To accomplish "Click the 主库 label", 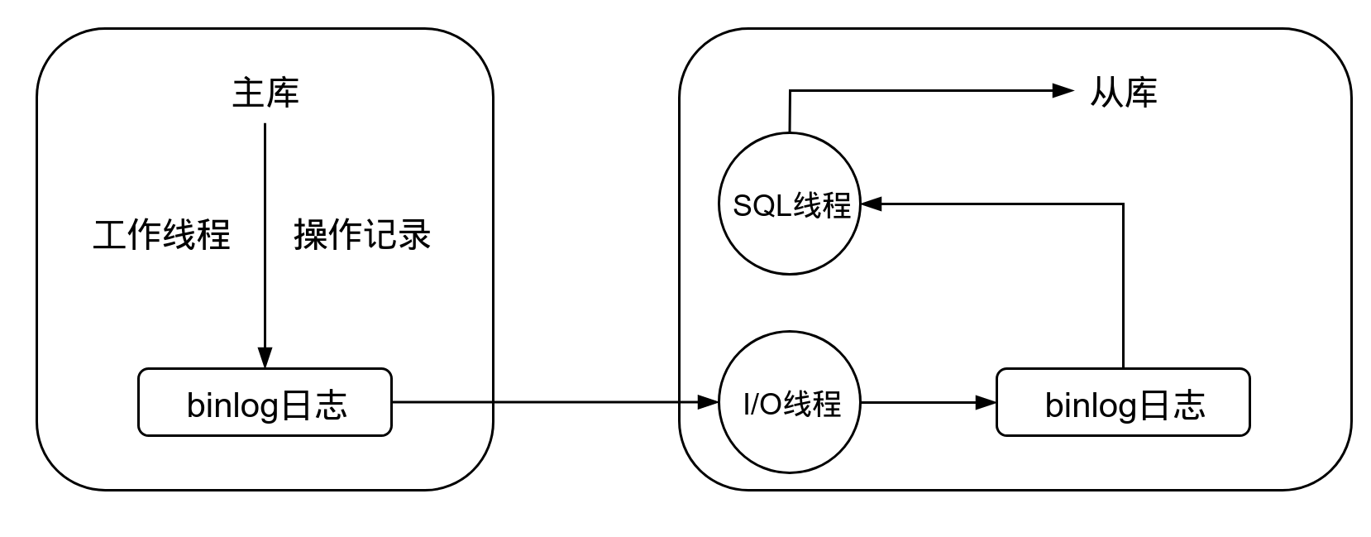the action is point(265,93).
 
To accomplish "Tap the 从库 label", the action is point(1124,93).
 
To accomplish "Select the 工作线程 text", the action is point(161,234).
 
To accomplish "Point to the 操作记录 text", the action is point(362,234).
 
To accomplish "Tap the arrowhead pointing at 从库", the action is point(1063,91).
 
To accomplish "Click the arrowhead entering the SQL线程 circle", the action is point(872,204).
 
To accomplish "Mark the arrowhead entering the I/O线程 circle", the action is point(708,402).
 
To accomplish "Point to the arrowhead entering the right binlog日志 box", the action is point(986,402).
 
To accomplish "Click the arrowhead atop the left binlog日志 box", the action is point(265,357).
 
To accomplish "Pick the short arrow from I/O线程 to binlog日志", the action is point(929,402).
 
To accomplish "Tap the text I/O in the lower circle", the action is point(762,404).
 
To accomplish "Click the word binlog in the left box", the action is point(232,405).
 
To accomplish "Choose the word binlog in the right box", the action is point(1091,405).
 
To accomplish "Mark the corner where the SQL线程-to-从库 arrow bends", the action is point(791,91).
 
